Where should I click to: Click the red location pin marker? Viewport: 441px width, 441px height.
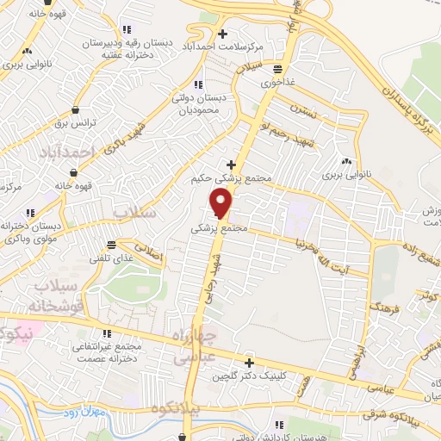pos(221,202)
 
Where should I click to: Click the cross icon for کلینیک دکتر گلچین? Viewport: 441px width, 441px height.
pos(249,363)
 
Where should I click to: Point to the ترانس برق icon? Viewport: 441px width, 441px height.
pos(77,110)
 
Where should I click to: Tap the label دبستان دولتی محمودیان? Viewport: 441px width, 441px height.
pos(198,104)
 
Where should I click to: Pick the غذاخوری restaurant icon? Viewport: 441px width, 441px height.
pos(277,69)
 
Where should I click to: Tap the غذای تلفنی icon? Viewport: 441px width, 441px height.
pos(109,244)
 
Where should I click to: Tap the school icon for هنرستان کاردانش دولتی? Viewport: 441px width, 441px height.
pos(278,423)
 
